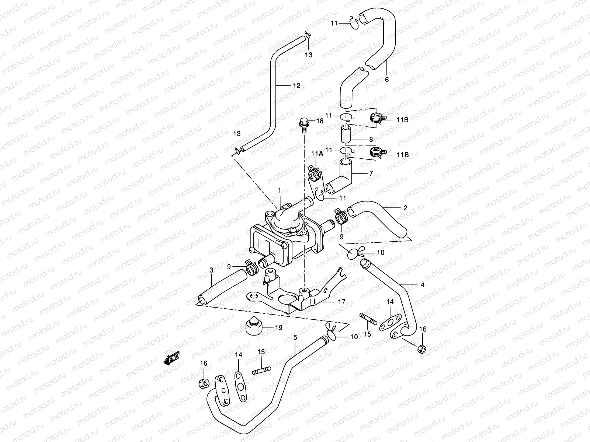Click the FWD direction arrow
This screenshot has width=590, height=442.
pyautogui.click(x=172, y=358)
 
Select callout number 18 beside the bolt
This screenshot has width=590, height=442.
pyautogui.click(x=319, y=121)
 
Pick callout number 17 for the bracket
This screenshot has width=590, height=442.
pyautogui.click(x=341, y=302)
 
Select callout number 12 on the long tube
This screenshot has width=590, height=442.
pyautogui.click(x=296, y=85)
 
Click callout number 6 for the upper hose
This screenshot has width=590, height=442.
pyautogui.click(x=386, y=80)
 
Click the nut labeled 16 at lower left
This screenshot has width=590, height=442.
pyautogui.click(x=204, y=383)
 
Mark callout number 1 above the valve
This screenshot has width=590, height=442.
pyautogui.click(x=280, y=190)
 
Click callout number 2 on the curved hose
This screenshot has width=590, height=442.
pyautogui.click(x=405, y=208)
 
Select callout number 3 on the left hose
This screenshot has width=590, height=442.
pyautogui.click(x=211, y=270)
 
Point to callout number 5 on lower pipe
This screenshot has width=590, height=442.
pyautogui.click(x=295, y=337)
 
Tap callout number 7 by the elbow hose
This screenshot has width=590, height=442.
pyautogui.click(x=371, y=173)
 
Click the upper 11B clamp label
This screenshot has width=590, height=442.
pyautogui.click(x=403, y=120)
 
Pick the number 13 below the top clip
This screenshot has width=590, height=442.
pyautogui.click(x=309, y=55)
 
